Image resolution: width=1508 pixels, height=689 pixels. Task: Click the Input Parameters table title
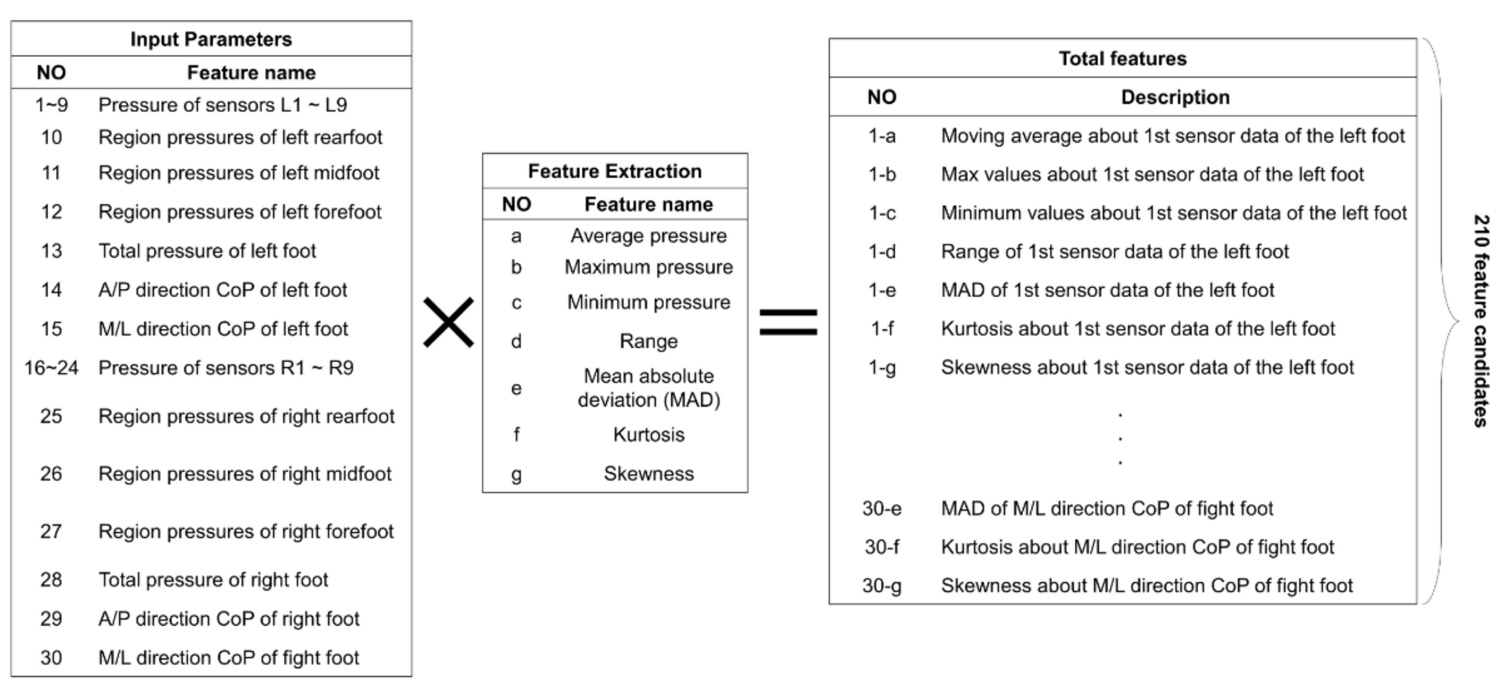tap(211, 39)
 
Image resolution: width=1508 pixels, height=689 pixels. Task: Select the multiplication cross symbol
tap(448, 322)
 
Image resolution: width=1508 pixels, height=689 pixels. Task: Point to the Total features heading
tap(1122, 58)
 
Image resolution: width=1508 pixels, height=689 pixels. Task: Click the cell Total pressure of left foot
tap(207, 251)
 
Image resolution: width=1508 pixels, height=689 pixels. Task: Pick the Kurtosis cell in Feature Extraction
tap(649, 434)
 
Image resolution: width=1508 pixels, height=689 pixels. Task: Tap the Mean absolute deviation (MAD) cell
tap(649, 388)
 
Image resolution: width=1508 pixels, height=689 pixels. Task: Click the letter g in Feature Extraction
tap(516, 474)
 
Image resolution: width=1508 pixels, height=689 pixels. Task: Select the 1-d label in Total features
tap(882, 251)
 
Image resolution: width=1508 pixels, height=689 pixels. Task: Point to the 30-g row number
tap(882, 586)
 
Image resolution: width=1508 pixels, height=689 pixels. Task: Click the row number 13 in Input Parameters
tap(51, 251)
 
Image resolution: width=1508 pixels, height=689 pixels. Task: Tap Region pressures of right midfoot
tap(245, 474)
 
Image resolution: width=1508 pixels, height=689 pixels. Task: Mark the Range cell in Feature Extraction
tap(649, 341)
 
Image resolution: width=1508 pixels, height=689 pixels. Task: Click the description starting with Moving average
tap(1172, 136)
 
